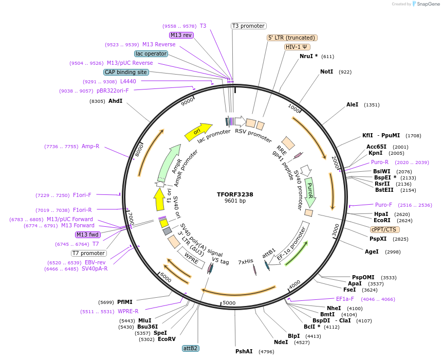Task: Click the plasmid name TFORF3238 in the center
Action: (235, 194)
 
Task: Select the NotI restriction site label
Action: (327, 72)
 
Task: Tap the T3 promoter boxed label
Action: (248, 26)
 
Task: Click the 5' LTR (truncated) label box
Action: (292, 38)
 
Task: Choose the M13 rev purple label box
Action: (181, 35)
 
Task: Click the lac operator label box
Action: (151, 53)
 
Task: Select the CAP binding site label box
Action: (126, 72)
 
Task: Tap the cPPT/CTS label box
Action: (383, 229)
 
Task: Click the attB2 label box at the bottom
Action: (190, 348)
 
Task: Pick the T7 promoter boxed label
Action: (89, 253)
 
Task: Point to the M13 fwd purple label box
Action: (88, 235)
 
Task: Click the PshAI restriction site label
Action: (244, 352)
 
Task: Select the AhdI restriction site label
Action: (115, 101)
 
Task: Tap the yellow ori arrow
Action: (198, 132)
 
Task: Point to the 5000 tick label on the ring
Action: (229, 303)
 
